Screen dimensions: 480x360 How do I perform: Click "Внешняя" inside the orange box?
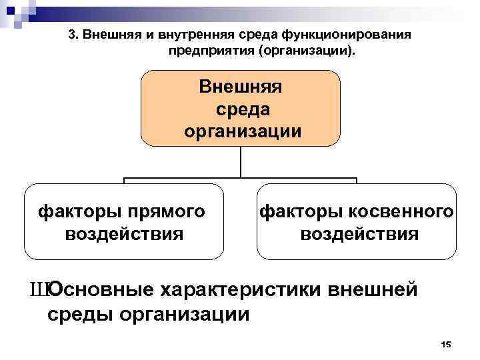241,87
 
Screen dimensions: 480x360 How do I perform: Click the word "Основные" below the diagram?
102,289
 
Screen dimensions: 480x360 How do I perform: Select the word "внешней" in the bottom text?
373,289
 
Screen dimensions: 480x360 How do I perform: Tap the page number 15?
446,343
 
